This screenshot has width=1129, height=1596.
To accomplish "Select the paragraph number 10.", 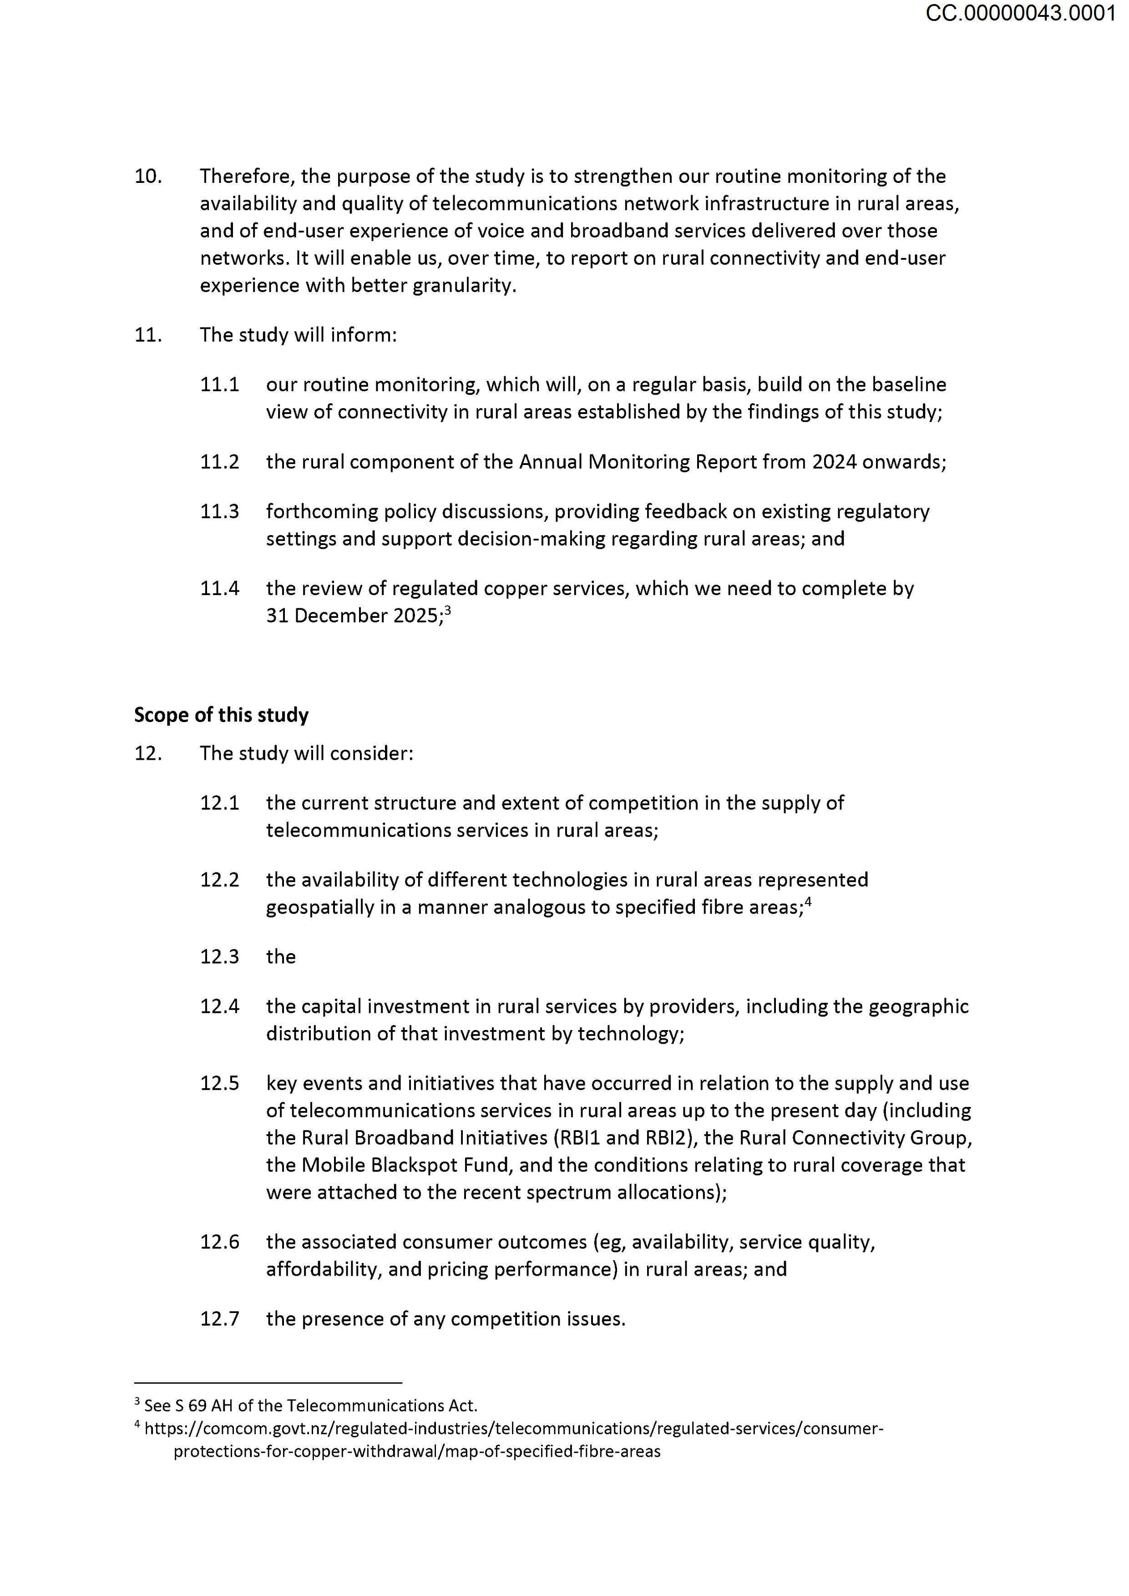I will coord(147,177).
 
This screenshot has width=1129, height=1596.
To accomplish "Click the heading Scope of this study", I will coord(221,715).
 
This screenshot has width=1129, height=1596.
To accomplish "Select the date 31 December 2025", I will coord(352,616).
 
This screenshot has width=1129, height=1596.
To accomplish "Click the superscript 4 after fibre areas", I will coord(808,902).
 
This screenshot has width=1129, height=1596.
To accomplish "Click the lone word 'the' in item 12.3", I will coord(281,957).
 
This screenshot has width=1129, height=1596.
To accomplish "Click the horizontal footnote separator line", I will coord(268,1383).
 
